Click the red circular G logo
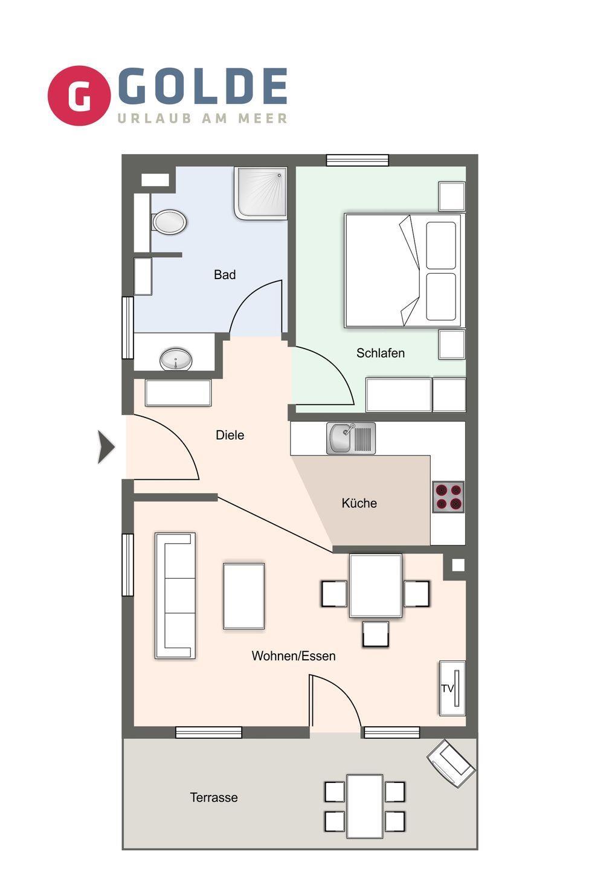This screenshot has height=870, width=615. pos(79,95)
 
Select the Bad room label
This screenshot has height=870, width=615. pos(225,274)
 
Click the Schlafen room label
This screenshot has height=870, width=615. pos(381,353)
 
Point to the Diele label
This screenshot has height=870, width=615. pos(230,435)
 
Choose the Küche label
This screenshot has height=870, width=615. pos(359,503)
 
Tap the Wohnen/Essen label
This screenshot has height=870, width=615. pos(294,656)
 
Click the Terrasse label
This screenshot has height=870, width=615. pos(214,797)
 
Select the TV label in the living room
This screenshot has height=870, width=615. pos(447,688)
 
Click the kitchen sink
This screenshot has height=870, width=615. pos(351,438)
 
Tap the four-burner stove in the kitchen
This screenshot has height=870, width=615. pos(448,497)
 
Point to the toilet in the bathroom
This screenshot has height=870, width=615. pos(169,222)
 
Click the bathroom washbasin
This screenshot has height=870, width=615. pos(176,359)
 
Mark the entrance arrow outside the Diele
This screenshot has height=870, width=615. pos(106,447)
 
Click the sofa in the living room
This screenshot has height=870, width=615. pos(175,596)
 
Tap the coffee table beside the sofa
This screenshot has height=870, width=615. pos(244,596)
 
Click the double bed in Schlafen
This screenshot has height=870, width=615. pos(402,270)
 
